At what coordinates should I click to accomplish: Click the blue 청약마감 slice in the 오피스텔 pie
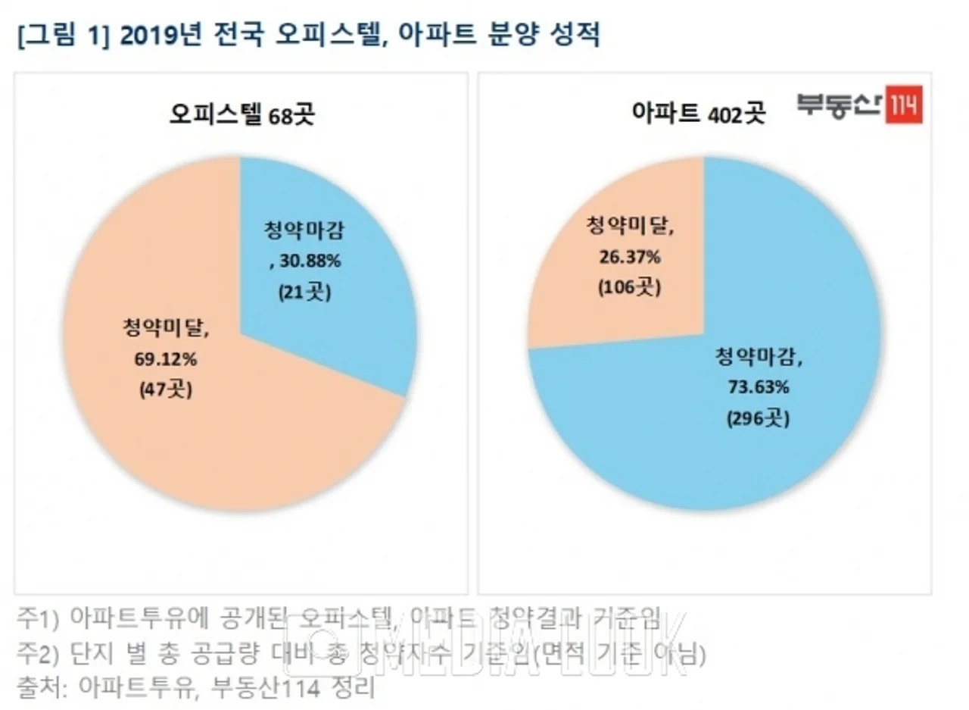(356, 250)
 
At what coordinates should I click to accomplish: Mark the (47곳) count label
(166, 390)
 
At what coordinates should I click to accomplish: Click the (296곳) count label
(760, 418)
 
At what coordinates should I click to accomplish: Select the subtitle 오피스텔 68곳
(241, 116)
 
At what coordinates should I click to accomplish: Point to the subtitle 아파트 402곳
(699, 114)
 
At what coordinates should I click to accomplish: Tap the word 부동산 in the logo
(840, 107)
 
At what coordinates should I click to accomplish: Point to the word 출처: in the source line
(41, 687)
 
